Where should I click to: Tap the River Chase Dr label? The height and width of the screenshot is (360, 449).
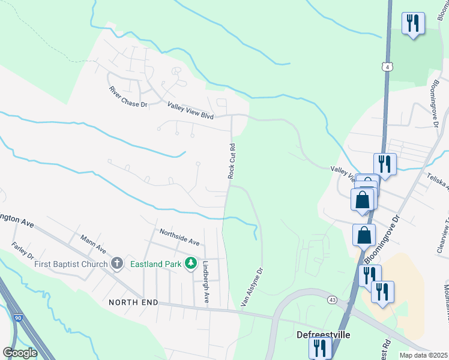128,97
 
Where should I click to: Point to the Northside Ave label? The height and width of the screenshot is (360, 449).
179,236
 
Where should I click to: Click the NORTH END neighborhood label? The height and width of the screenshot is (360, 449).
133,302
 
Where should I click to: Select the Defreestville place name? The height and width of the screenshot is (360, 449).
324,334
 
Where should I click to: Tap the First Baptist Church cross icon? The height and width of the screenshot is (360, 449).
117,263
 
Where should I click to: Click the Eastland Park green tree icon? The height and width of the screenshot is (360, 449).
191,263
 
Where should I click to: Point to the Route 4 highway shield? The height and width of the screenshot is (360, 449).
388,67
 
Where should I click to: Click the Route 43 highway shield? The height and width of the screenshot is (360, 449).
331,299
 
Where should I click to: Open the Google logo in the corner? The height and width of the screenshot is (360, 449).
20,352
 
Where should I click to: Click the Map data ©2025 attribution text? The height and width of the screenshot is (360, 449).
424,355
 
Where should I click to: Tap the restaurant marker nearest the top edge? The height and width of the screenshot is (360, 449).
413,23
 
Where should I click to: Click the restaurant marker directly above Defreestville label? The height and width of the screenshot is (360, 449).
321,347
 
